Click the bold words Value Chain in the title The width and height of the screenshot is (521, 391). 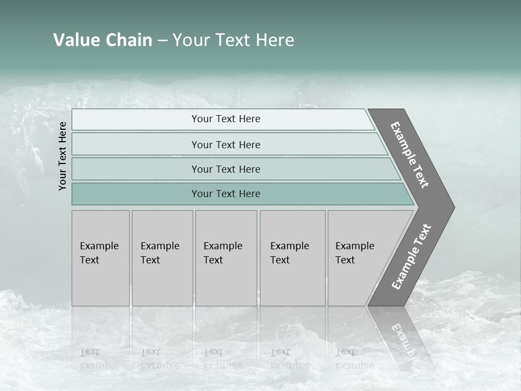point(103,40)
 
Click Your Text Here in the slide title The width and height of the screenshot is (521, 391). point(233,40)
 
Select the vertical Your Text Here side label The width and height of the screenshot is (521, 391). point(62,156)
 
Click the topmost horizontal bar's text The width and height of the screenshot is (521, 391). point(226,119)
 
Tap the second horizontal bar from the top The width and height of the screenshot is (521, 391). point(226,144)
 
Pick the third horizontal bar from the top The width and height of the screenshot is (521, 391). point(226,169)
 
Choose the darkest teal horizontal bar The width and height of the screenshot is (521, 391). point(226,194)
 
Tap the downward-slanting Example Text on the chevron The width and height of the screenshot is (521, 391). point(410,155)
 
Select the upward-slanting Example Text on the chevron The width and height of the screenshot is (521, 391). point(411,257)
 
